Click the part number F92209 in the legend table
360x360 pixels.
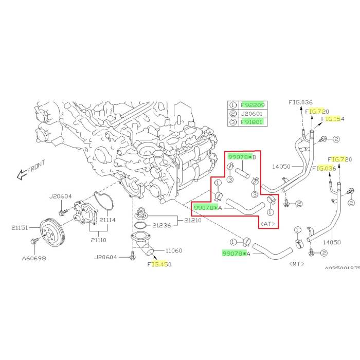(252, 105)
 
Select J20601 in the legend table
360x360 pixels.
(252, 114)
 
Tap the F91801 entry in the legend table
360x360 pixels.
(252, 122)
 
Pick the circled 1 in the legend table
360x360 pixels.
(232, 105)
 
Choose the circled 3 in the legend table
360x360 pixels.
(232, 122)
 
